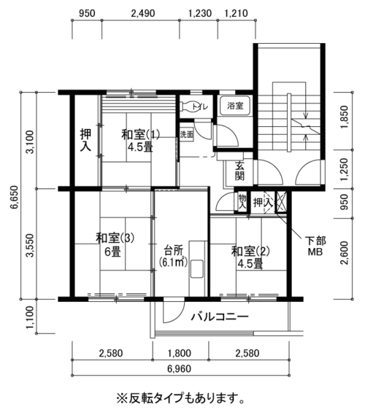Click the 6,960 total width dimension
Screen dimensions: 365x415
click(x=179, y=368)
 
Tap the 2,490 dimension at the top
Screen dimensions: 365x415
click(x=143, y=13)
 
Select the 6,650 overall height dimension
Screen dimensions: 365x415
click(x=15, y=197)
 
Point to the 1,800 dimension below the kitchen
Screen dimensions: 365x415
click(x=180, y=353)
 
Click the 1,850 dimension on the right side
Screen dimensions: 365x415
click(x=344, y=117)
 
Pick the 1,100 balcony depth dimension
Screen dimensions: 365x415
click(x=30, y=317)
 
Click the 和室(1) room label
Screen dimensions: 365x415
click(x=140, y=135)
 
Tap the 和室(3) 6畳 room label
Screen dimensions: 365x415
click(x=115, y=244)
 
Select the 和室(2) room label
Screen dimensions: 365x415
click(x=250, y=251)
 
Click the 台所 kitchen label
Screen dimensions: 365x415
click(x=174, y=249)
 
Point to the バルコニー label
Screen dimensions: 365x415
click(x=220, y=317)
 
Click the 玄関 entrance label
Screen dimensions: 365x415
click(x=239, y=171)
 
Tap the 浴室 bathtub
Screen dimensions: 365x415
click(x=235, y=106)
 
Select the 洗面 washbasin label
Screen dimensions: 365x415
click(x=186, y=135)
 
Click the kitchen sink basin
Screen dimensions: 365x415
click(x=196, y=268)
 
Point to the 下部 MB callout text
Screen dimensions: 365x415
click(x=315, y=246)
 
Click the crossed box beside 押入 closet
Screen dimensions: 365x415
click(x=281, y=202)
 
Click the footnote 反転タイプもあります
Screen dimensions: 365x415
click(x=180, y=398)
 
